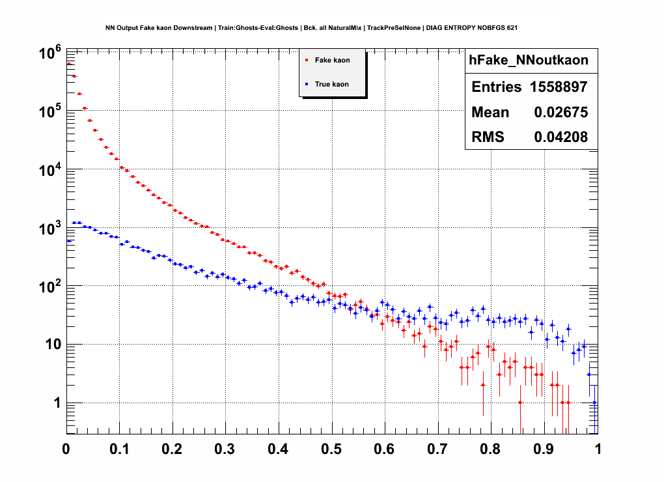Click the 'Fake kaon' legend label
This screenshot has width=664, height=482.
(332, 60)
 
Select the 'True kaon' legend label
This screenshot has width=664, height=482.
(332, 84)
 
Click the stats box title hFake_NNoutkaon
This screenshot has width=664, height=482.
(529, 60)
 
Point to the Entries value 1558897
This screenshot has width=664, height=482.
(557, 87)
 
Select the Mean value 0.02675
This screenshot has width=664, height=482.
(561, 112)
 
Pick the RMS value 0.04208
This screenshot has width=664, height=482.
(561, 137)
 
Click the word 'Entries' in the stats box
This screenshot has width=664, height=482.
(496, 87)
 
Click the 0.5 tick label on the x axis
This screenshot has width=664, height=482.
(331, 449)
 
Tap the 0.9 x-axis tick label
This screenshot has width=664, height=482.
(544, 449)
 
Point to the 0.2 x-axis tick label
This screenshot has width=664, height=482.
(172, 449)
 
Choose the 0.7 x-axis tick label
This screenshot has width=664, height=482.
(437, 449)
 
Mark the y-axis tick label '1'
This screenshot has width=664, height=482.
(57, 404)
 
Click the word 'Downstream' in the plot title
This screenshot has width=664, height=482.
(196, 28)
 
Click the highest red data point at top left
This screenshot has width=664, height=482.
(69, 64)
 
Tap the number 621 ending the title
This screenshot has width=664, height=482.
(512, 28)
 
